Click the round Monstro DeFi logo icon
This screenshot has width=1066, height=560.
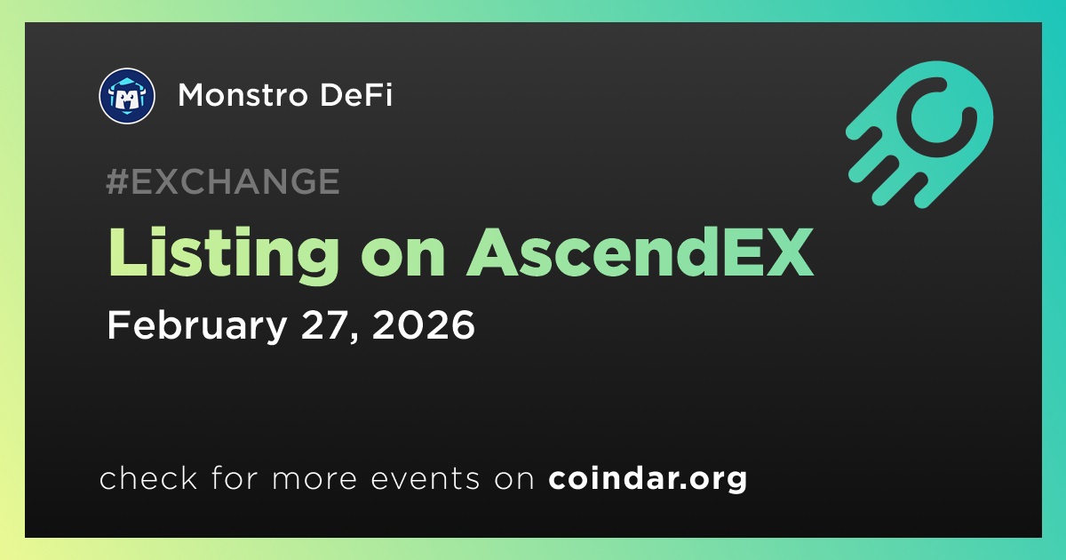127,96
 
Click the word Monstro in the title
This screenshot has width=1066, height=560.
243,95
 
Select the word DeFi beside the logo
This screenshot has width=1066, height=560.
356,95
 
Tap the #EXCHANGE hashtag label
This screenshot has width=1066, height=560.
223,181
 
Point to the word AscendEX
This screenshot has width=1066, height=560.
640,252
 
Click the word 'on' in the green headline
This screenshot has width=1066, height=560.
402,259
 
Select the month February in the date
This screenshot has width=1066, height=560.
197,325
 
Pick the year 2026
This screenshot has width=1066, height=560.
424,324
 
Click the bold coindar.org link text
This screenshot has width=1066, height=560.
648,478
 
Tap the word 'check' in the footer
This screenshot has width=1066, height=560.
148,477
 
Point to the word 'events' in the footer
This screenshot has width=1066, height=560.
425,478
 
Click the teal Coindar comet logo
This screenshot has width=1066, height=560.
919,134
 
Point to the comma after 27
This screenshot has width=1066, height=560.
354,336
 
